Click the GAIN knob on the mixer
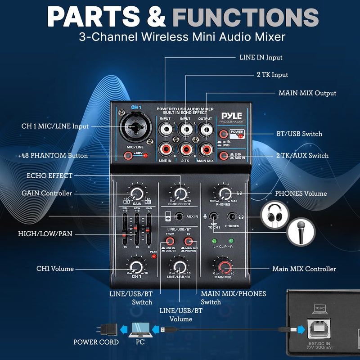[136, 193]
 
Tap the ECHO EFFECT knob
[180, 193]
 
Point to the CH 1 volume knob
[136, 267]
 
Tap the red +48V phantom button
[129, 156]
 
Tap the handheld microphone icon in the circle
[301, 233]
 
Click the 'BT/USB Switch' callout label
[299, 134]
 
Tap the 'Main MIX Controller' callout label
[304, 269]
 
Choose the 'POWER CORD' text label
[96, 342]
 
